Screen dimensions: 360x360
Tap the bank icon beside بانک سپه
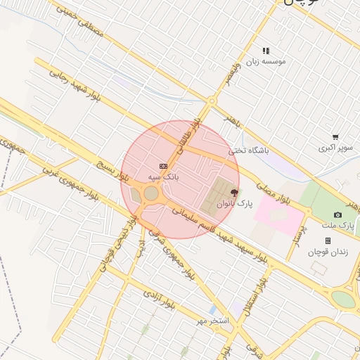pyautogui.click(x=163, y=166)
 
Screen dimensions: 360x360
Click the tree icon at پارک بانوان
pyautogui.click(x=234, y=192)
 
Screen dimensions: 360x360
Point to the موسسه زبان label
pyautogui.click(x=265, y=61)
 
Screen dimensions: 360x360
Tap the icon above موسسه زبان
pyautogui.click(x=266, y=51)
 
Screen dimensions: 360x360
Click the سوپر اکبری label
pyautogui.click(x=335, y=148)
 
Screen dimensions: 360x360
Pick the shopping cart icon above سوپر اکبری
pyautogui.click(x=335, y=137)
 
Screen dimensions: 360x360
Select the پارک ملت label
pyautogui.click(x=338, y=226)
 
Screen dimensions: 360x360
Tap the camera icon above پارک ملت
pyautogui.click(x=337, y=214)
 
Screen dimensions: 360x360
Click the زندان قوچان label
pyautogui.click(x=328, y=252)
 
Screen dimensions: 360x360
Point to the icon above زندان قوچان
pyautogui.click(x=328, y=240)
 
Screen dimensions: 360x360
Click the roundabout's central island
pyautogui.click(x=151, y=193)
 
